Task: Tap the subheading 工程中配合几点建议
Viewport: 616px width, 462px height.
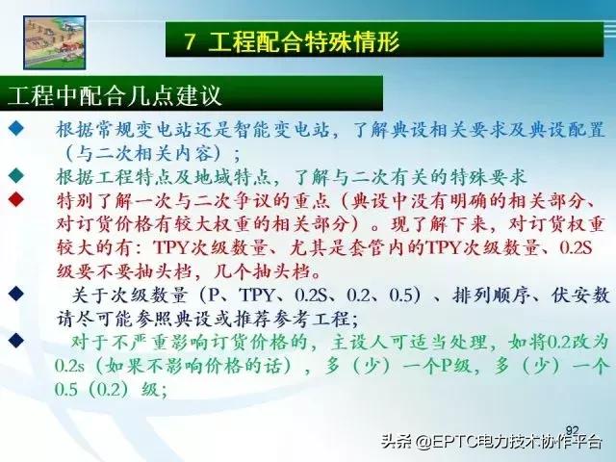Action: [115, 96]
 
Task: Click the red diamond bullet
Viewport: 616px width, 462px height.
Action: [15, 201]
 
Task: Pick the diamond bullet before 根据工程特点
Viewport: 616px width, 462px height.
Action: [15, 177]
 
